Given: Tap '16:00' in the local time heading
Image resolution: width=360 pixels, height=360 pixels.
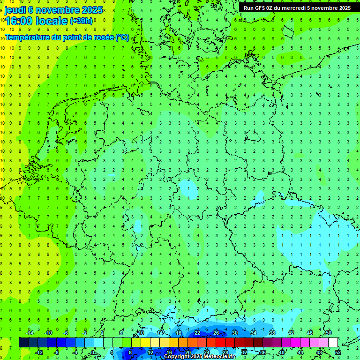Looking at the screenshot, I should (18, 21).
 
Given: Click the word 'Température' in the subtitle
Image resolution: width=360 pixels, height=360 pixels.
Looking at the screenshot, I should (27, 37).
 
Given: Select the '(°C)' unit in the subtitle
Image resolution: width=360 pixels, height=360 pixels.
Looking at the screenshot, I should (122, 37).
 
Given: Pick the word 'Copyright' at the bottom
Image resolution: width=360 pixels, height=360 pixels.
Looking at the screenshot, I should (177, 357).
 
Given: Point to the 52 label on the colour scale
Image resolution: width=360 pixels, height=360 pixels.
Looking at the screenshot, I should (338, 352).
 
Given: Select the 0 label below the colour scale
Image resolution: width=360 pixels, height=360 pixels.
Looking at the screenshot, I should (93, 352).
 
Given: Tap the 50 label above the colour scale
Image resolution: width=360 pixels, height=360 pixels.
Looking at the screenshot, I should (328, 333).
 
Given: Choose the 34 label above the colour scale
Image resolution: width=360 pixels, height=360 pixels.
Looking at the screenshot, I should (254, 333).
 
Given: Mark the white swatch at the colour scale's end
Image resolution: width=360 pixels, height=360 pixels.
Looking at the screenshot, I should (333, 343).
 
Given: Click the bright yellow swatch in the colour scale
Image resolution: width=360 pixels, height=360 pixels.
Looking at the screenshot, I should (145, 343).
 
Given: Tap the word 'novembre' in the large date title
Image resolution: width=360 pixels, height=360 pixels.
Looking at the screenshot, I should (56, 10).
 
